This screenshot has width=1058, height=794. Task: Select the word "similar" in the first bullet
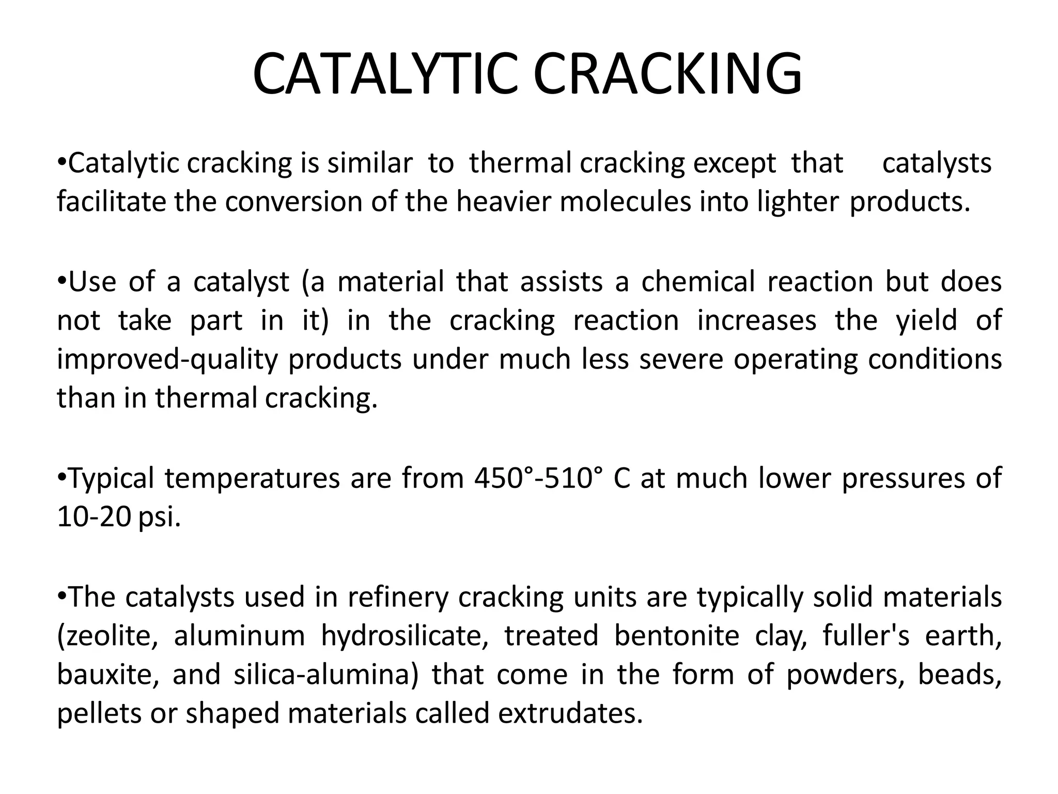370,163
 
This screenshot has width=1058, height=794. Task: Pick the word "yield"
926,320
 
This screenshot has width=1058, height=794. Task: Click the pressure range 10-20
94,517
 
